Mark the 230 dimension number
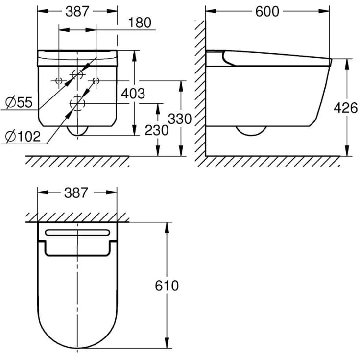coord(157,130)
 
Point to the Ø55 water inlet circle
coord(77,74)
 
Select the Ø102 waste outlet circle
coord(77,103)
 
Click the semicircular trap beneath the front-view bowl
coord(77,131)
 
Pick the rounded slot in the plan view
coord(77,232)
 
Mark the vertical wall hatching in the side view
coord(199,88)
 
